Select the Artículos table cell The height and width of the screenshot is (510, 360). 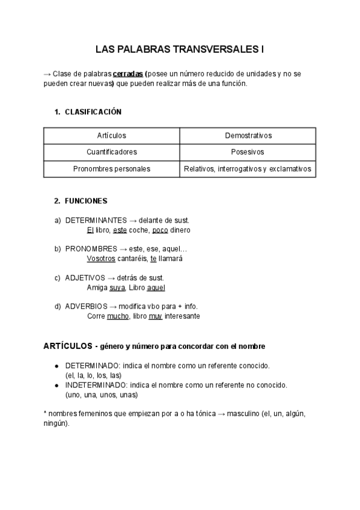(x=111, y=135)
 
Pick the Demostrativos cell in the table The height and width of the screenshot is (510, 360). (x=248, y=135)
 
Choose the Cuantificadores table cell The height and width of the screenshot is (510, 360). (x=111, y=152)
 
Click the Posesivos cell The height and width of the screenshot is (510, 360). (x=248, y=152)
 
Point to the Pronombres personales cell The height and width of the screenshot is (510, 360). (x=111, y=169)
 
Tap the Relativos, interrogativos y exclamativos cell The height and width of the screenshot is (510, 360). (x=248, y=169)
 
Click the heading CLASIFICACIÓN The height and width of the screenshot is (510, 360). (x=93, y=112)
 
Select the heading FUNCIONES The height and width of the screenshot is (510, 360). (x=86, y=201)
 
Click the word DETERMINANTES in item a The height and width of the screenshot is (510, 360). (x=96, y=220)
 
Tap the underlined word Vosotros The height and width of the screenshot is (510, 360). (x=100, y=259)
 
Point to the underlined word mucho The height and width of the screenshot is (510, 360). (x=117, y=316)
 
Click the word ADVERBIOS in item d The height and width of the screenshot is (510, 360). (x=87, y=306)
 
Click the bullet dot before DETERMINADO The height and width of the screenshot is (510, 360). (x=56, y=366)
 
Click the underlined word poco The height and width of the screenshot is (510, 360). (x=160, y=230)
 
